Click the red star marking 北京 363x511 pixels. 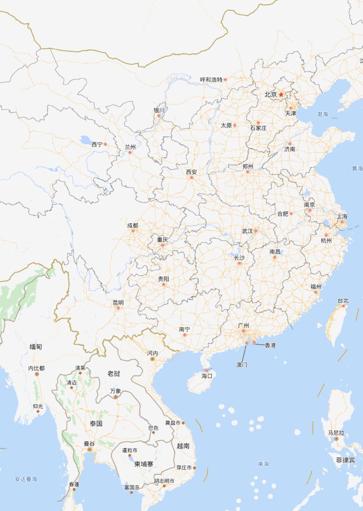281,94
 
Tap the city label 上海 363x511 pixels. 342,217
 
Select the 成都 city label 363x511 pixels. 133,225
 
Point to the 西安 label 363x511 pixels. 192,172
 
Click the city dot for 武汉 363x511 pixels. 256,231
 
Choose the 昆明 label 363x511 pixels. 118,302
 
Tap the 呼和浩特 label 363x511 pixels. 212,80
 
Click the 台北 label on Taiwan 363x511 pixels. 343,301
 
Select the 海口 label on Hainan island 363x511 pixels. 207,375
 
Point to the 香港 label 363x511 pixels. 270,345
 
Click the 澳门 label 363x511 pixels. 242,365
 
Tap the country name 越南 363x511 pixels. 183,446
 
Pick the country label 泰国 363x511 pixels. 96,423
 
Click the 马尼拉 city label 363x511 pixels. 336,433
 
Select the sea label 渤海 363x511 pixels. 322,114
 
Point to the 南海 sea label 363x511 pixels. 263,464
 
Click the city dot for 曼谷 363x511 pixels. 89,450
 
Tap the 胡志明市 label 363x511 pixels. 164,481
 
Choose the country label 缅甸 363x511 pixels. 36,347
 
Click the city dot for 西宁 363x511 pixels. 105,144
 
